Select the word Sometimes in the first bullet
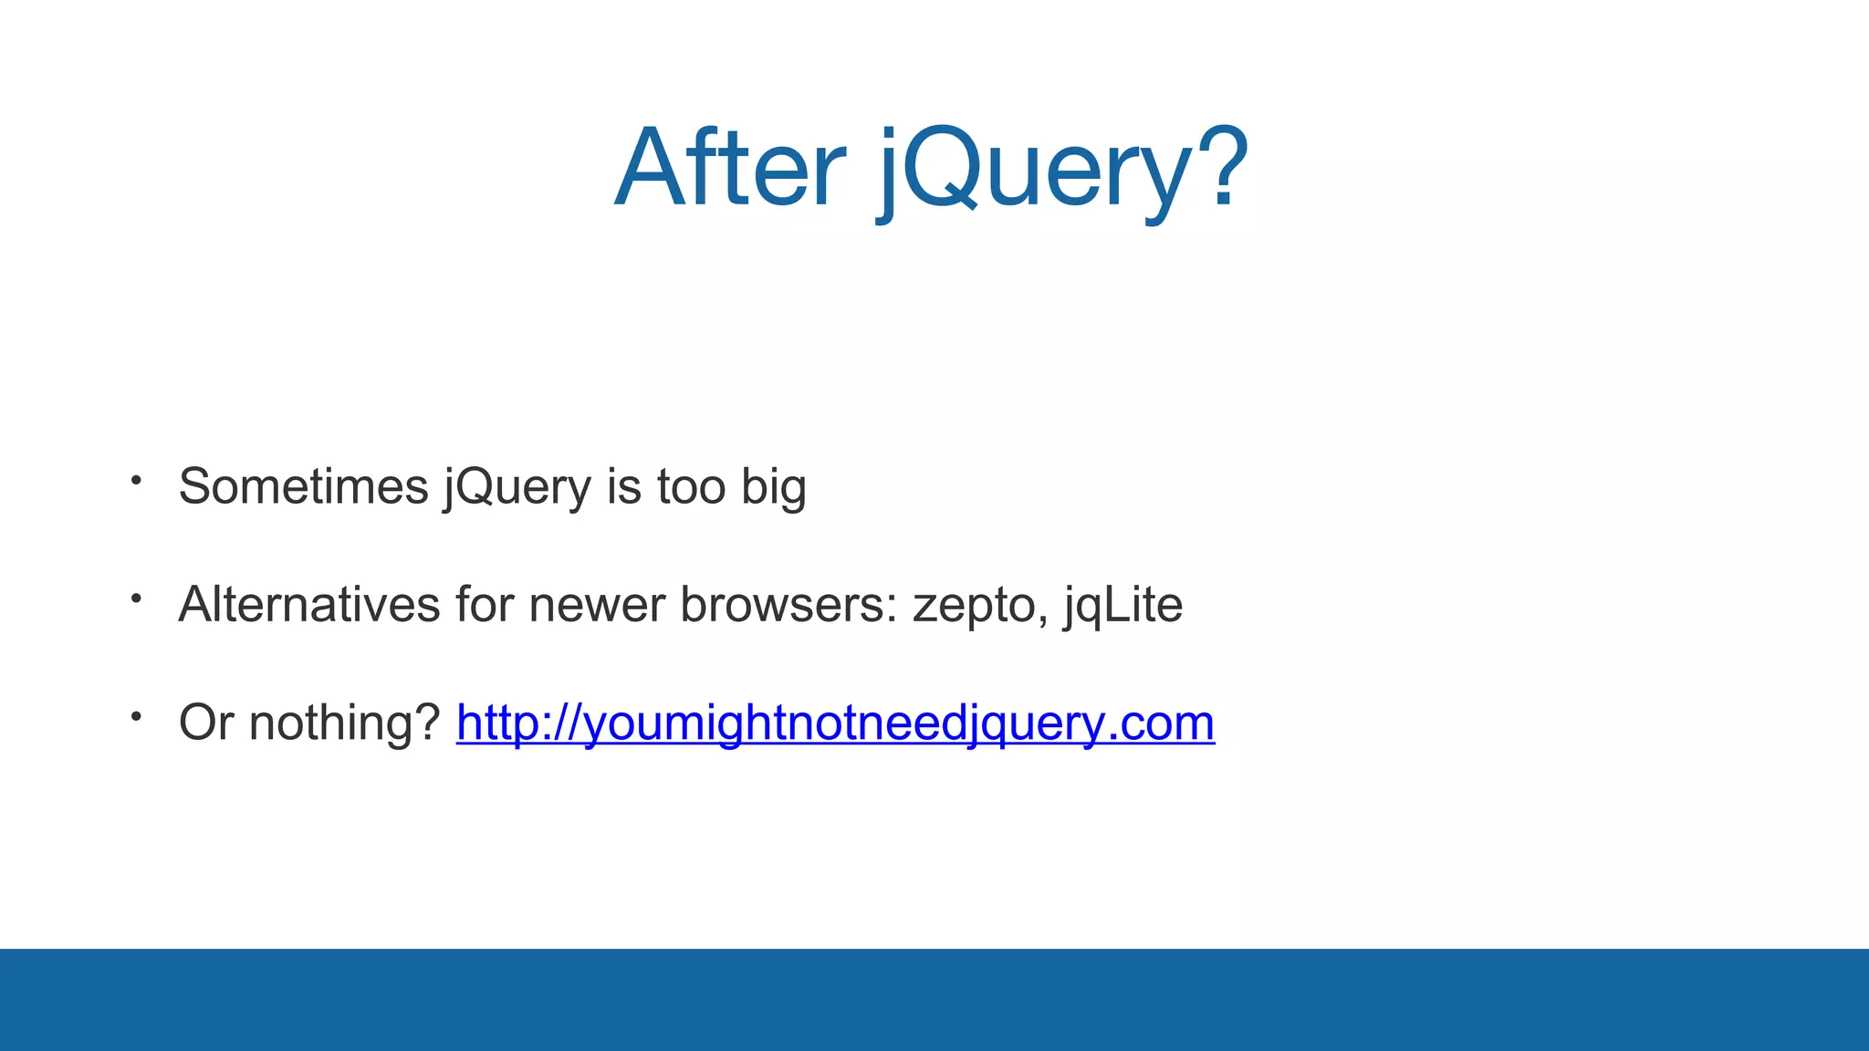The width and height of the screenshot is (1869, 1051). coord(303,486)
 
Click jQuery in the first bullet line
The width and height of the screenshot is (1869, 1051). coord(517,488)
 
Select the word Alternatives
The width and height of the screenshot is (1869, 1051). coord(309,604)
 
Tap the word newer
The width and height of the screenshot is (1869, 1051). coord(597,606)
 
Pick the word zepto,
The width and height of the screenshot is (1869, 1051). coord(980,608)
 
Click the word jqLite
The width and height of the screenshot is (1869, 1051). coord(1123,606)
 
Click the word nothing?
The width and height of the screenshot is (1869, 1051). coord(345,723)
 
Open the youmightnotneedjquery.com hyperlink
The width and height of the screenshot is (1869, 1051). coord(835,723)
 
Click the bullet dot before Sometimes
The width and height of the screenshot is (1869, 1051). coord(136,480)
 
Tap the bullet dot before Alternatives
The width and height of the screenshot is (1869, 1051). coord(136,598)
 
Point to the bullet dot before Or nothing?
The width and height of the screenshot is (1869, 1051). coord(136,717)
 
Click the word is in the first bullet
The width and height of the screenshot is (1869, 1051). coord(624,486)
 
